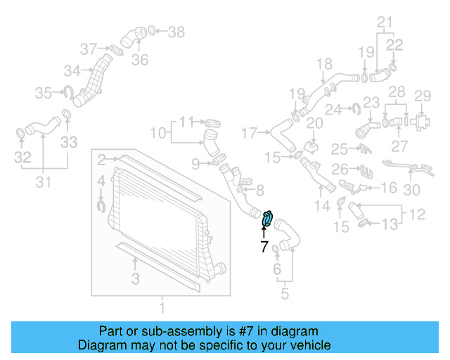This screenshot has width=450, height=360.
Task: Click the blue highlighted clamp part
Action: click(x=268, y=219)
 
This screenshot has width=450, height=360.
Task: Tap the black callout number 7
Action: click(x=264, y=247)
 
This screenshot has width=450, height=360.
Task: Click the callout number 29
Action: click(x=422, y=96)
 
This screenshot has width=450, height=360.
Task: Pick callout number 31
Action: click(x=43, y=184)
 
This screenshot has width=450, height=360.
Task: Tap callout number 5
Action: click(x=284, y=294)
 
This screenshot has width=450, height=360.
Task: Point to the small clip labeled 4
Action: click(x=101, y=205)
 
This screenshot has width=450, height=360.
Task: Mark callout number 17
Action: click(x=250, y=132)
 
